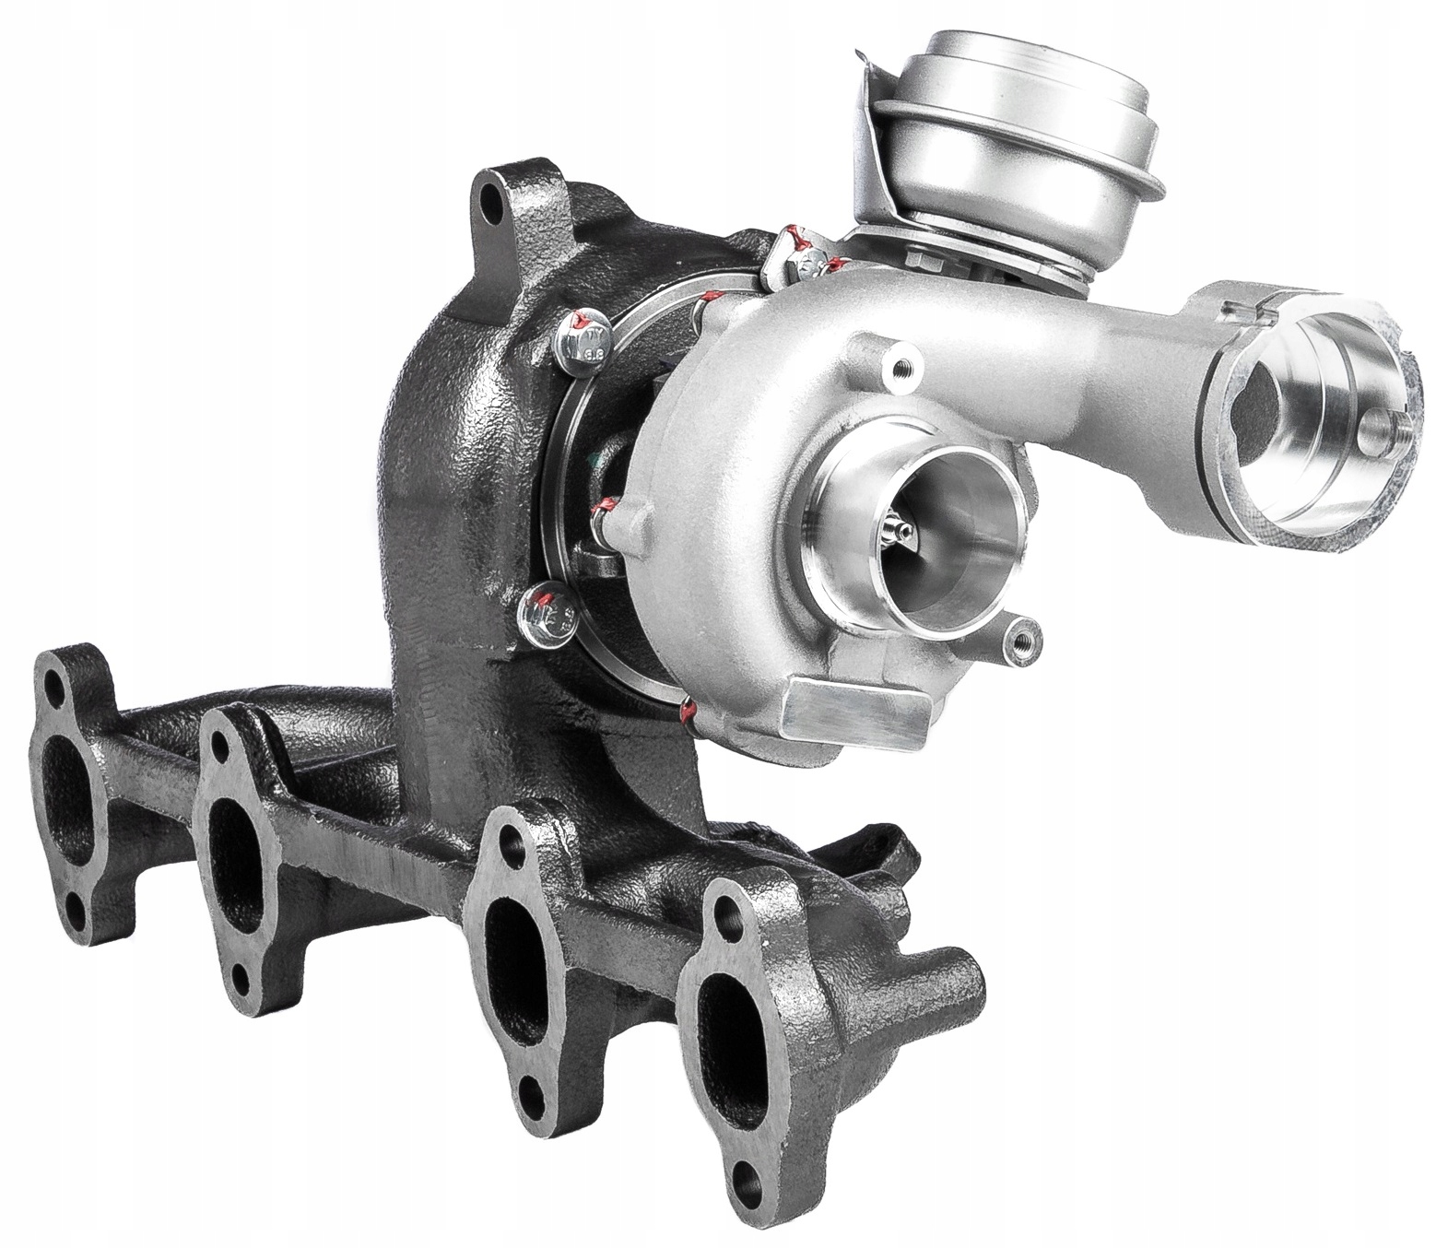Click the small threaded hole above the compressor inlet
click(893, 369)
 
